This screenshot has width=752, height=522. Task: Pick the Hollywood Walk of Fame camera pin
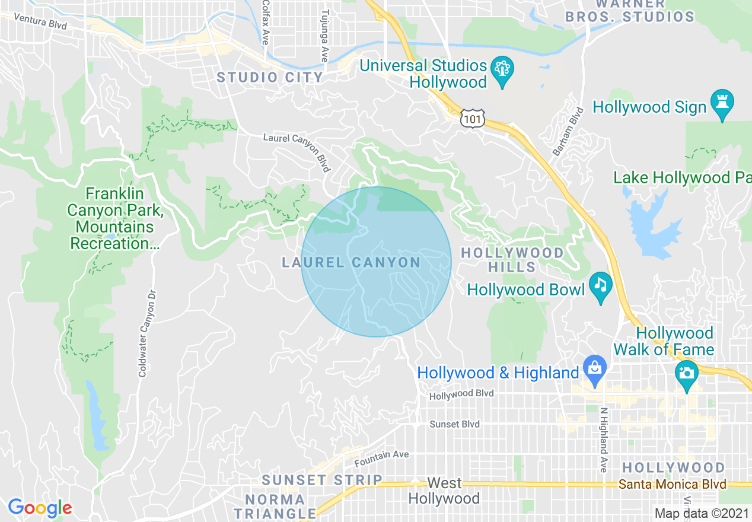686,374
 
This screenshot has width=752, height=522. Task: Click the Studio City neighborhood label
270,77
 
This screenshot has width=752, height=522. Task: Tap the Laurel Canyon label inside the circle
351,262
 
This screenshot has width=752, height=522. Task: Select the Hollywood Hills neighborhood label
512,260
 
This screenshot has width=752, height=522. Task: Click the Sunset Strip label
322,480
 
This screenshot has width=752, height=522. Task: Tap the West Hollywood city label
444,491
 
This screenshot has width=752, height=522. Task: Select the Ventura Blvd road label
41,23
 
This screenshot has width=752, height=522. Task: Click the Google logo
40,508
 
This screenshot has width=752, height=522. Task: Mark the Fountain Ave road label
381,457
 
